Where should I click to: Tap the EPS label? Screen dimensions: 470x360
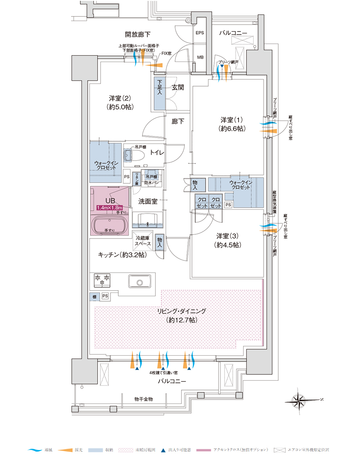pos(200,33)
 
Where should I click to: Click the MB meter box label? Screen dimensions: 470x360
pos(200,57)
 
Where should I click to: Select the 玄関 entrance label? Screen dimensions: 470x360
pos(178,87)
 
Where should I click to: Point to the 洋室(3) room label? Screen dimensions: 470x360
pos(227,240)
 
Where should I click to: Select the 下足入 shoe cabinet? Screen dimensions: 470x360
pos(159,92)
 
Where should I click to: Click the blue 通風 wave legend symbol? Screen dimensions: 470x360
pos(35,450)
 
